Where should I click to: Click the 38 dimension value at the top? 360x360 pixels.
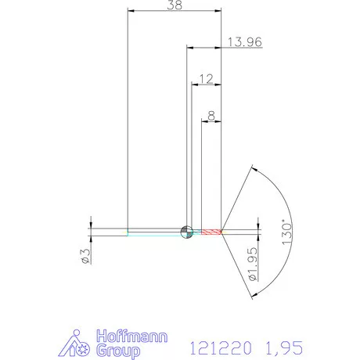click(176, 5)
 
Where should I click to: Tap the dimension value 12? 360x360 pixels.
click(207, 79)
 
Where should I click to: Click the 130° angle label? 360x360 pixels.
click(288, 231)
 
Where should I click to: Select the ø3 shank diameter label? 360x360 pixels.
click(87, 254)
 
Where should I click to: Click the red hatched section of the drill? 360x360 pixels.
click(211, 232)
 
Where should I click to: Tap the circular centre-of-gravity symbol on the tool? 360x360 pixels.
click(186, 231)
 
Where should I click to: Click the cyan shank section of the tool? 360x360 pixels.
click(157, 232)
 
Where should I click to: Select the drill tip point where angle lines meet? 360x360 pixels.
click(223, 232)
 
